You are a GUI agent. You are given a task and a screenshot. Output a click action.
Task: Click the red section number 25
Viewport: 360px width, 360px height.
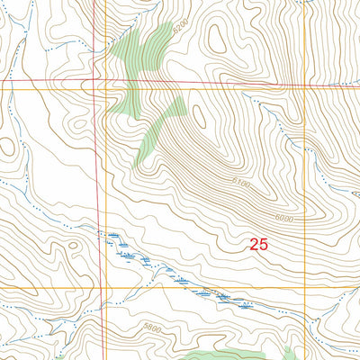pos(259,244)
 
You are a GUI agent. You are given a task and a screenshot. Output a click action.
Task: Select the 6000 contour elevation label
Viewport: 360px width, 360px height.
pos(283,219)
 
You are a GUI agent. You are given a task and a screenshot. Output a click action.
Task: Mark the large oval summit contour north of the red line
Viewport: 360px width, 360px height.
pos(217,36)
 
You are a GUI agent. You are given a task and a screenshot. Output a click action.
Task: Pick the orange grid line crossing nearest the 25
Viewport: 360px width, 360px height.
pos(307,287)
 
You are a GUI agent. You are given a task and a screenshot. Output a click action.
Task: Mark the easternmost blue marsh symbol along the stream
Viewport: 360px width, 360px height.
pos(245,304)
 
